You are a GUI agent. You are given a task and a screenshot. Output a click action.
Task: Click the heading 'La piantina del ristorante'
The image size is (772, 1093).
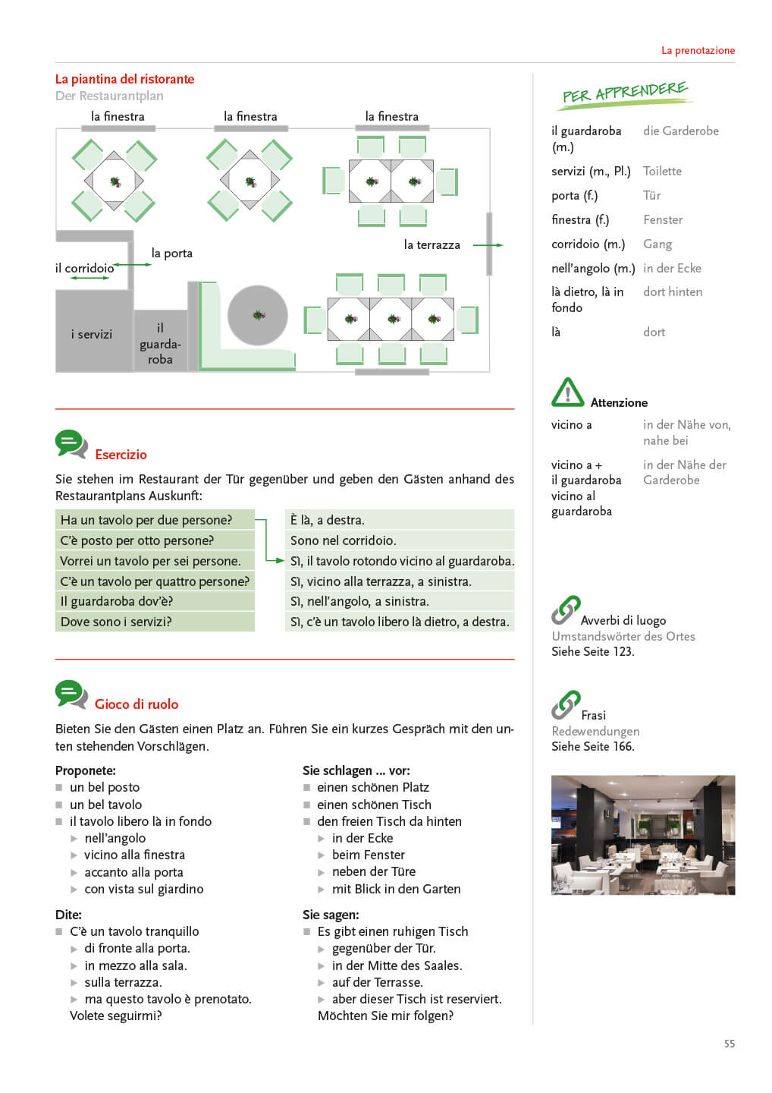tap(124, 79)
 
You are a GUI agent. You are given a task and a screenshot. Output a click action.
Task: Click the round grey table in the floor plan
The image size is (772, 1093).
tap(258, 315)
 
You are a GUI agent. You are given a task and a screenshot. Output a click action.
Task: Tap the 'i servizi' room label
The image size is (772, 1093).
tap(92, 334)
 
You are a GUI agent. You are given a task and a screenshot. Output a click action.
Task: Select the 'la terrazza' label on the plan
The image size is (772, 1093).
tap(432, 244)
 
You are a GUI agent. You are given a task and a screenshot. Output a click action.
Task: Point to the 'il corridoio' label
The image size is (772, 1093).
tap(84, 268)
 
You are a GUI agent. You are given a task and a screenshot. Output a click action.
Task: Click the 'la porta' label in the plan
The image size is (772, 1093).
tap(172, 253)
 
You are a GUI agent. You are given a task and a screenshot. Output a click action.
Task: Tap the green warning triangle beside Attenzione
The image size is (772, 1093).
tap(567, 393)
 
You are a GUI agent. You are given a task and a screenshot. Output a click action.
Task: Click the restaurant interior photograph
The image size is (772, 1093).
tap(642, 835)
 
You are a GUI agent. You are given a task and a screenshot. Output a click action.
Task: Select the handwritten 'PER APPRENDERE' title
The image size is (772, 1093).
tap(625, 93)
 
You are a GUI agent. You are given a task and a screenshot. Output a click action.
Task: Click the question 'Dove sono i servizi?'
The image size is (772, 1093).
tap(116, 622)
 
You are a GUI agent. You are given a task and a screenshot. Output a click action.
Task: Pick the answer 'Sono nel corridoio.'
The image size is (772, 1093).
tap(343, 540)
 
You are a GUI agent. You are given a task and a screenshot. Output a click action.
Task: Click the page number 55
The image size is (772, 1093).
tap(729, 1044)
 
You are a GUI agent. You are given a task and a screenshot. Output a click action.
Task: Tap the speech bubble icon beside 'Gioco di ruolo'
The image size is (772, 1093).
tap(71, 694)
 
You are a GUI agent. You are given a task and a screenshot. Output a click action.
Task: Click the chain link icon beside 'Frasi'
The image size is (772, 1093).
tap(566, 704)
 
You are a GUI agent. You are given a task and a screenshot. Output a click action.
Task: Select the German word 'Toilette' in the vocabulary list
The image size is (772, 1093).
tap(662, 171)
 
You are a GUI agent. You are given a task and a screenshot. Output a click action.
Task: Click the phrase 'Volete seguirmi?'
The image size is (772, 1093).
tap(115, 1016)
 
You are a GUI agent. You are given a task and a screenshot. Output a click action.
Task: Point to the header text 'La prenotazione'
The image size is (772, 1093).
tap(698, 50)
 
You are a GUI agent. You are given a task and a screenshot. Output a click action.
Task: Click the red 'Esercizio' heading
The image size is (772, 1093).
tap(121, 455)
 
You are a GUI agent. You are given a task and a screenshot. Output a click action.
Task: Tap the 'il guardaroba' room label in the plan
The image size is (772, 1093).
tap(160, 343)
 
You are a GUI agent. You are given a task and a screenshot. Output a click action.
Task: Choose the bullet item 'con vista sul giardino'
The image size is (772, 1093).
tap(143, 889)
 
